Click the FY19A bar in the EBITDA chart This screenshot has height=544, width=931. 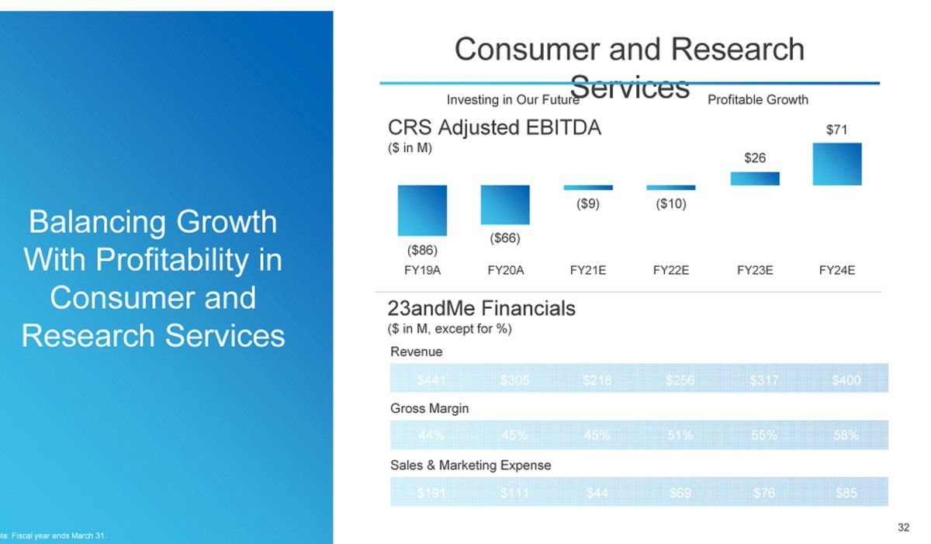422,210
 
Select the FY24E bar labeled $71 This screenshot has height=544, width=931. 837,164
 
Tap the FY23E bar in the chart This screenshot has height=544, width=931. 755,178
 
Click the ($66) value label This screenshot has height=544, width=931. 505,237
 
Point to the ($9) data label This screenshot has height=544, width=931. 588,205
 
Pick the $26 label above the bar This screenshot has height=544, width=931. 755,158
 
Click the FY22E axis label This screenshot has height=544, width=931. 671,271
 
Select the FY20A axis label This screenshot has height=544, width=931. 506,271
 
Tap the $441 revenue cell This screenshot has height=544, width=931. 431,380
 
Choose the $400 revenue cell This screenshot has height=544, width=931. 846,380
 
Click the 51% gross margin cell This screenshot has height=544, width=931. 680,435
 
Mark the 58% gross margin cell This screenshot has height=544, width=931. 846,435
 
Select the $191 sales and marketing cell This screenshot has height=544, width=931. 431,493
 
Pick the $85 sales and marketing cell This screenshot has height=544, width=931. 846,493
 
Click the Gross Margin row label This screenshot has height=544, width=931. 429,408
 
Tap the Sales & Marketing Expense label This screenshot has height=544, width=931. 470,465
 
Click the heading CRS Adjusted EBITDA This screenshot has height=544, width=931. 494,128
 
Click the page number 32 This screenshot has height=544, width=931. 903,528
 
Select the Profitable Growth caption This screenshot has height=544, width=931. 757,99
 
